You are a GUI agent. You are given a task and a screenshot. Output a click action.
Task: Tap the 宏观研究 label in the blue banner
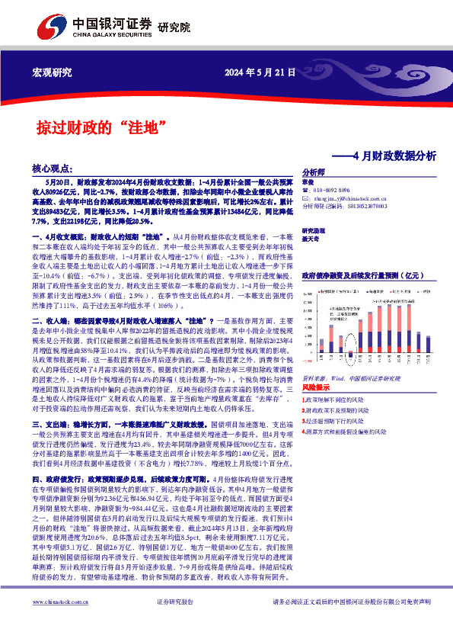tap(52, 73)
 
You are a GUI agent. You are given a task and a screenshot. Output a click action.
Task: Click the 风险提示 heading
tap(316, 388)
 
